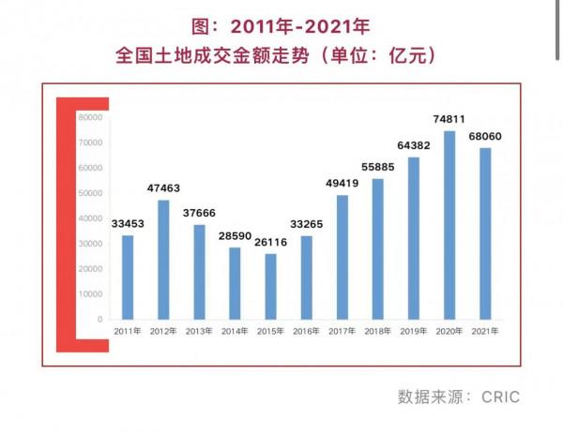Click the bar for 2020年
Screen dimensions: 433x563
coord(449,225)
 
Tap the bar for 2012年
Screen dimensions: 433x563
coord(163,260)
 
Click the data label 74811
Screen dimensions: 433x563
coord(449,119)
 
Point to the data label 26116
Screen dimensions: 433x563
coord(271,242)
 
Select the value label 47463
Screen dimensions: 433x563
coord(163,187)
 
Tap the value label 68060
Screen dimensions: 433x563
coord(485,136)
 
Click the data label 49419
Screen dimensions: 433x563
coord(342,183)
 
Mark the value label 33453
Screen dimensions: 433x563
coord(128,223)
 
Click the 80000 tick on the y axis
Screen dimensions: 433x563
coord(90,117)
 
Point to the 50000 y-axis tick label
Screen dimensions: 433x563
coord(90,193)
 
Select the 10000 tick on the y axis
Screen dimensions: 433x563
coord(90,294)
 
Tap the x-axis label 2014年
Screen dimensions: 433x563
coord(236,332)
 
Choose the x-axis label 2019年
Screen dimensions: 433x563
coord(414,332)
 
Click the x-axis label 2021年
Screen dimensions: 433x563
coord(485,332)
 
